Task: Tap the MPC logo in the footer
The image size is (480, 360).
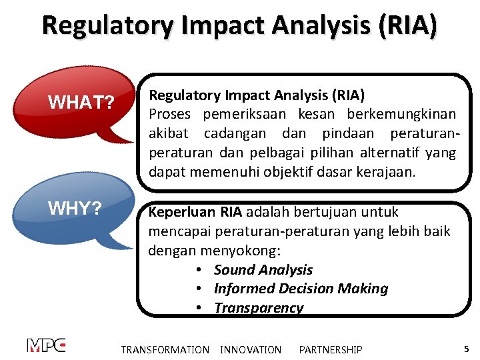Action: pos(46,345)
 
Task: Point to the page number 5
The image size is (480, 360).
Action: pos(466,349)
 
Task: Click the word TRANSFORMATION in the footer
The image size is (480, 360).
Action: pos(165,350)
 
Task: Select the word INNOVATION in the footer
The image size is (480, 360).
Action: pos(251,350)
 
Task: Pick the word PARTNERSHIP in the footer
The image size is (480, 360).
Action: pos(331,350)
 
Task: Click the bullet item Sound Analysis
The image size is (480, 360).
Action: pos(263,270)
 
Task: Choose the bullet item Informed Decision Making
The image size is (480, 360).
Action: pos(301,289)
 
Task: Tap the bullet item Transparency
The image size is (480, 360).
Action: pos(258,308)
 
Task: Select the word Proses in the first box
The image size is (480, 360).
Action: pos(170,114)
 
